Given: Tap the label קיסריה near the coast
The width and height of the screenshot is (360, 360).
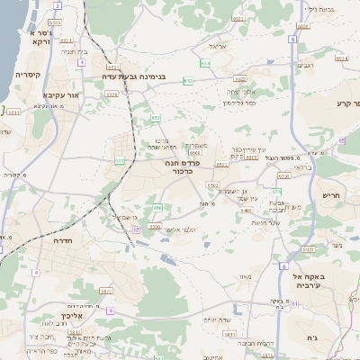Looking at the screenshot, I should click(28, 75).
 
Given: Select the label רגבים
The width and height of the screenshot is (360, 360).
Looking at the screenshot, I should click(304, 65).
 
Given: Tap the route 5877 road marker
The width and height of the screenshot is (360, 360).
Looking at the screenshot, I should click(106, 291).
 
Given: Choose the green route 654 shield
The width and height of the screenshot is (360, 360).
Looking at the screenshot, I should click(205, 64).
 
